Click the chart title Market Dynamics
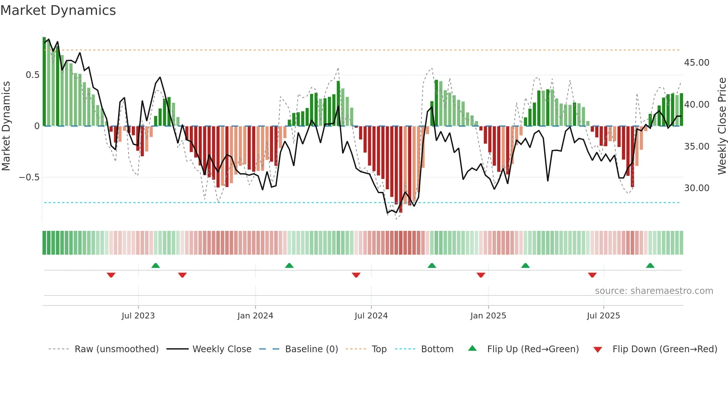(x=58, y=10)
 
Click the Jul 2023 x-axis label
(x=138, y=316)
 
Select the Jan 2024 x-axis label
(x=255, y=316)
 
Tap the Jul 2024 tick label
(x=371, y=316)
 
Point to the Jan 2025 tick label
(x=488, y=316)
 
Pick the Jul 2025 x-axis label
(x=603, y=316)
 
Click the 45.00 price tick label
(x=696, y=63)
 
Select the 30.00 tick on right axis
(x=696, y=188)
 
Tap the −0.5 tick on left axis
(x=29, y=177)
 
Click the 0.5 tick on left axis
(x=32, y=75)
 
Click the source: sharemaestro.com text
(x=654, y=291)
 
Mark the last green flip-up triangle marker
(x=650, y=266)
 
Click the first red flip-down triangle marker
(x=111, y=275)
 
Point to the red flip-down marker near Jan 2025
(x=481, y=275)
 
